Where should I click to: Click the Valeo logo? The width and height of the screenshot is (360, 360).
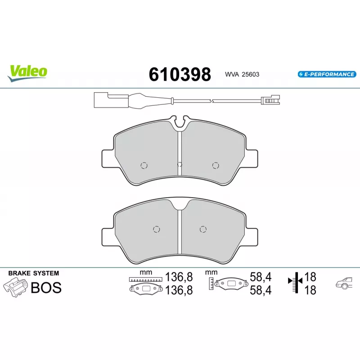point(27,73)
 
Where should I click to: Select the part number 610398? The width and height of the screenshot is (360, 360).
point(180,74)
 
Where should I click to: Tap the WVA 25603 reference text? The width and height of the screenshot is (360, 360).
point(242,74)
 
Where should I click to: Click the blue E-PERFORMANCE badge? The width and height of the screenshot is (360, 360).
point(327,74)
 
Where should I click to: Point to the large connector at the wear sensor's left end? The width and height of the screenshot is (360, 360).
point(101,100)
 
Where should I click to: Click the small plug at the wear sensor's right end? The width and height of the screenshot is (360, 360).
point(270,100)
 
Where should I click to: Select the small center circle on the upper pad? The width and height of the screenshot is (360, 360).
point(180,164)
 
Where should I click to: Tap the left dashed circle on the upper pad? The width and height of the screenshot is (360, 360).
point(144,165)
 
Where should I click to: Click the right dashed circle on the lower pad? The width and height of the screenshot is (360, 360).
point(203,229)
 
